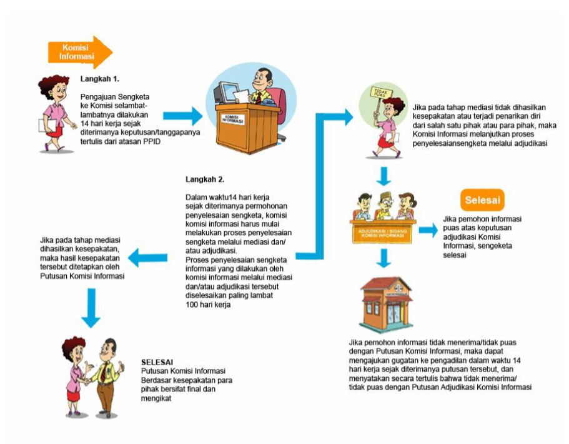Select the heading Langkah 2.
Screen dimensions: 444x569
pos(205,179)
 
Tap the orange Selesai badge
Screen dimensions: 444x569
pos(483,201)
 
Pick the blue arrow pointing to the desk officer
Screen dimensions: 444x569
pos(182,115)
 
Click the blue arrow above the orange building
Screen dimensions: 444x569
pos(385,256)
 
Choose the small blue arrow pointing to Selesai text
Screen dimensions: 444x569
pos(428,230)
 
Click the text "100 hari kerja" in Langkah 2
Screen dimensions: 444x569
pos(209,305)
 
